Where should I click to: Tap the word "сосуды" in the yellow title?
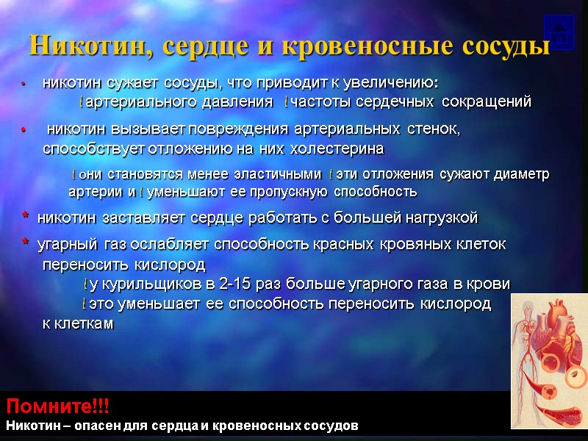(x=506, y=46)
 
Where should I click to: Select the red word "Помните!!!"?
(x=57, y=406)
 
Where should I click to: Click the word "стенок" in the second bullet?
(x=433, y=130)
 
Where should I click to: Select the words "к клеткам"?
(x=78, y=323)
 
